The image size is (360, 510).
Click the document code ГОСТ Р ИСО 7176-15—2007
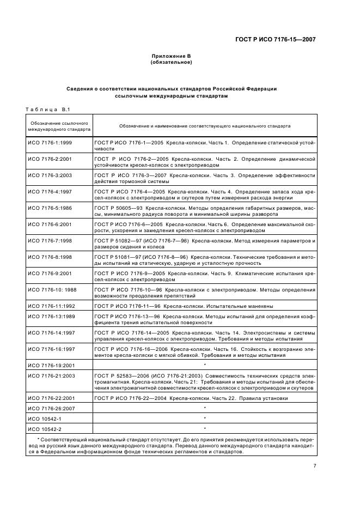pos(275,39)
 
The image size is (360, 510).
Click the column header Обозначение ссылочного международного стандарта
pos(59,126)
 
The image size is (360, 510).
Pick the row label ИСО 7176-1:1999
pos(50,142)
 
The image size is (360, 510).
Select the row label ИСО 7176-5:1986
pos(50,209)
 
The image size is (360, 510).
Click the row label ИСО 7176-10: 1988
pos(52,290)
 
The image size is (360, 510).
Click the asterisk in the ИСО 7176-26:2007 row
pos(204,408)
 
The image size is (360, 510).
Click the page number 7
pos(314,465)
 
